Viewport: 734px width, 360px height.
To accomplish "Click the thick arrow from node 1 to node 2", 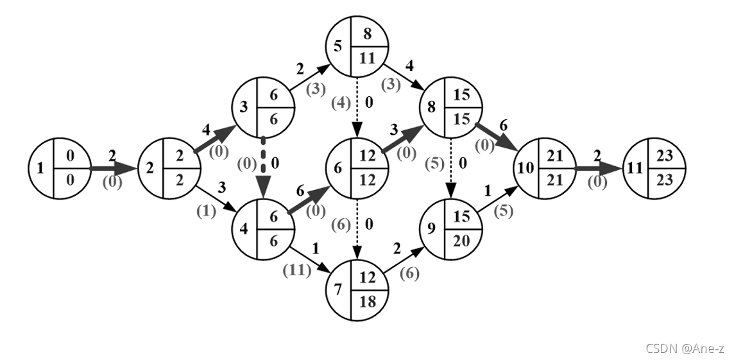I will click(x=113, y=169).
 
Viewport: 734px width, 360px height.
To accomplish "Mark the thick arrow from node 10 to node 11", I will click(x=598, y=169).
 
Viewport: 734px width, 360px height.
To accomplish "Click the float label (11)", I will click(x=296, y=270).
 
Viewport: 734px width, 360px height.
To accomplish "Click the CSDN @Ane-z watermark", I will click(x=685, y=348).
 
